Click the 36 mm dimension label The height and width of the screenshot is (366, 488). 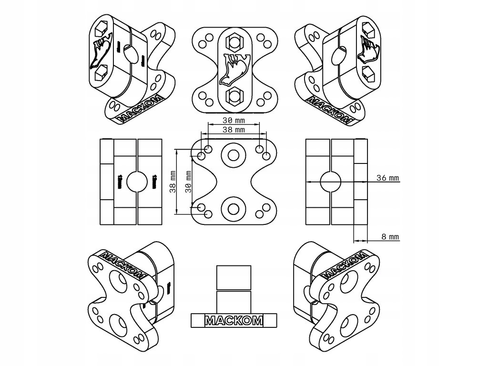coord(387,178)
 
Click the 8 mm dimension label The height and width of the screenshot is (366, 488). coord(391,236)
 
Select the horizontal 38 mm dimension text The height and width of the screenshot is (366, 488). coord(233,129)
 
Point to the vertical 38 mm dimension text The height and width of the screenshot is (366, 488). coord(173,182)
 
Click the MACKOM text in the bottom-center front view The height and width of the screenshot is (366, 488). coord(234,321)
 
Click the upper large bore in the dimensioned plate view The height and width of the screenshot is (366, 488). coord(233,155)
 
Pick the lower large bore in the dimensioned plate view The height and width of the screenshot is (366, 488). coord(233,209)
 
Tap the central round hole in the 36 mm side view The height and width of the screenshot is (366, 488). coord(330,182)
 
